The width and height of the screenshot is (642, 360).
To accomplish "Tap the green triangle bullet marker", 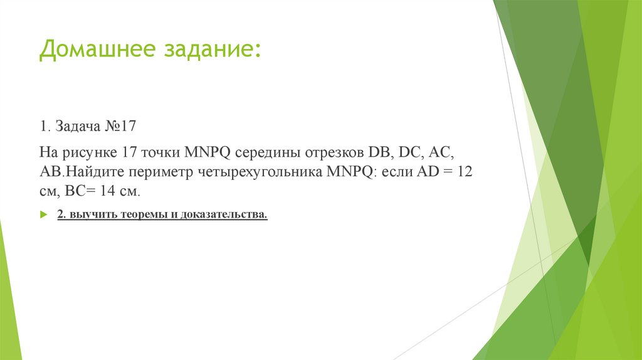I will (43, 215).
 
